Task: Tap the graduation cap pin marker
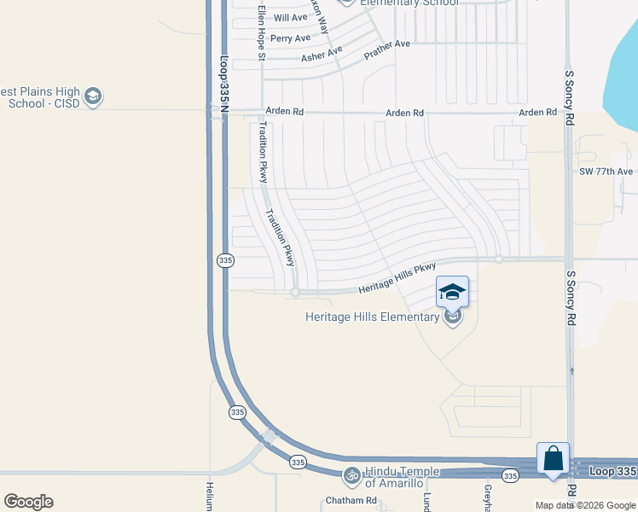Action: [x=452, y=292]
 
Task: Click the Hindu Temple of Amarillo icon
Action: [x=351, y=474]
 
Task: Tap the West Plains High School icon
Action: [x=94, y=97]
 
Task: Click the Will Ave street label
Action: [x=290, y=17]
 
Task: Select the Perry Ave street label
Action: [x=290, y=38]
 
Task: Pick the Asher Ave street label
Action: [x=321, y=57]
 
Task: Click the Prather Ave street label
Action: [x=387, y=49]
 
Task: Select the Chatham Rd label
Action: [x=351, y=500]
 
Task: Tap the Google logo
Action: [x=28, y=502]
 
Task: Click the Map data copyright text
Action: [x=585, y=505]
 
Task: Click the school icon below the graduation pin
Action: [x=453, y=317]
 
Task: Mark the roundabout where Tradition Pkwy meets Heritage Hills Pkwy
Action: [x=295, y=293]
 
